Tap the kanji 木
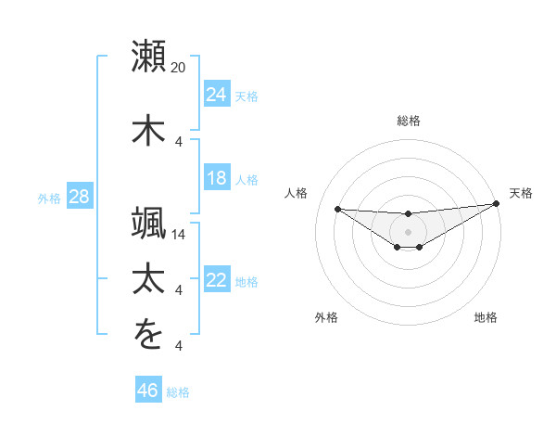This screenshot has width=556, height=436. pyautogui.click(x=149, y=129)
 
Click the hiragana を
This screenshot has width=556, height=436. pyautogui.click(x=149, y=335)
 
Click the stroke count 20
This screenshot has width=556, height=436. pyautogui.click(x=179, y=68)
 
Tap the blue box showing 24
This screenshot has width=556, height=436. pyautogui.click(x=216, y=94)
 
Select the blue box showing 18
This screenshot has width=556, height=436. pyautogui.click(x=216, y=178)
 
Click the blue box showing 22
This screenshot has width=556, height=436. pyautogui.click(x=216, y=280)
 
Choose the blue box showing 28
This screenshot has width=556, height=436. pyautogui.click(x=78, y=197)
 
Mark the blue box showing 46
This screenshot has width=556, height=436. pyautogui.click(x=148, y=391)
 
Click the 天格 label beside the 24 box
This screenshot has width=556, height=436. pyautogui.click(x=246, y=96)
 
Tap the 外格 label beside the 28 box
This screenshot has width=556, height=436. pyautogui.click(x=48, y=199)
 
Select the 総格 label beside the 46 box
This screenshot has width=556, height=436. pyautogui.click(x=178, y=392)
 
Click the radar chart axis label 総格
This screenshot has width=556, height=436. pyautogui.click(x=409, y=121)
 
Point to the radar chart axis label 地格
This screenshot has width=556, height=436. pyautogui.click(x=486, y=318)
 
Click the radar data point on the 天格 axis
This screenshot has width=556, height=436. pyautogui.click(x=497, y=204)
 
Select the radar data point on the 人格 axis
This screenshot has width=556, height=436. pyautogui.click(x=337, y=208)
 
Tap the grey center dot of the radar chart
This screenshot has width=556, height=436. pyautogui.click(x=408, y=231)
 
